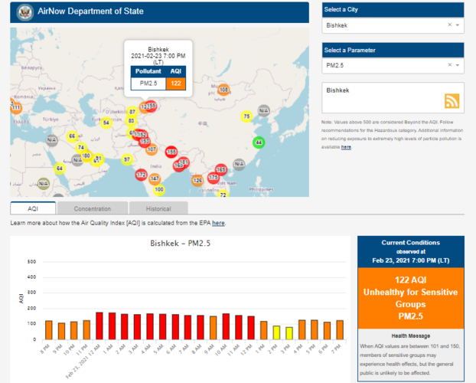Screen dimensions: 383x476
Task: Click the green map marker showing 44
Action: click(259, 142)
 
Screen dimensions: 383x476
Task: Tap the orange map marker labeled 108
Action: click(224, 90)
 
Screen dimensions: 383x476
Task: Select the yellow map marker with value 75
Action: click(246, 116)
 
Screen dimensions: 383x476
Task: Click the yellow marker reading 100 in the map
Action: click(159, 189)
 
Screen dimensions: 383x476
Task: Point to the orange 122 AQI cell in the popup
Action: click(176, 83)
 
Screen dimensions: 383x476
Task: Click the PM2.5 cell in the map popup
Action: click(148, 83)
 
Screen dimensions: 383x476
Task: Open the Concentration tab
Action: click(93, 208)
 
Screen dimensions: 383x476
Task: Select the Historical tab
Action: click(158, 208)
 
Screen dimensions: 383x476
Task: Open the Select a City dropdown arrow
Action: click(458, 25)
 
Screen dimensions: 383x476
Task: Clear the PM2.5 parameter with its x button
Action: click(449, 66)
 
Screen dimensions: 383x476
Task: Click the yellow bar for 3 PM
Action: click(289, 333)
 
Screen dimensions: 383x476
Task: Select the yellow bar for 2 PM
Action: click(276, 332)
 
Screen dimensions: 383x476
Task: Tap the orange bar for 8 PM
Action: click(49, 330)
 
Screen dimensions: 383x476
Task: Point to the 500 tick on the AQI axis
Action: click(31, 262)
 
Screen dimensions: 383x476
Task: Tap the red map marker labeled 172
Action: click(141, 175)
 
